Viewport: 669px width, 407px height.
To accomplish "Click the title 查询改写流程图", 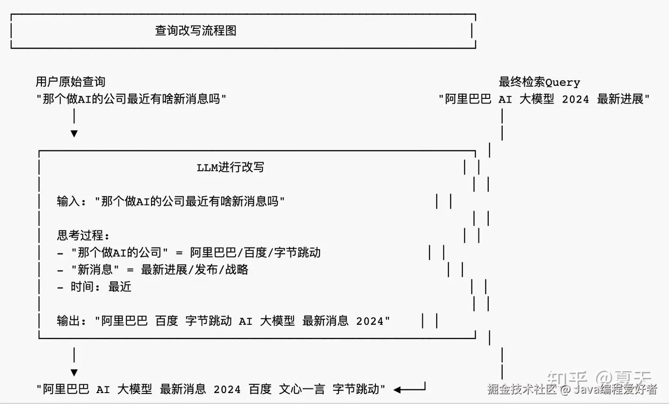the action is pyautogui.click(x=196, y=31).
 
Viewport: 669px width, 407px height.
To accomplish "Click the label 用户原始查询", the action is pyautogui.click(x=71, y=82).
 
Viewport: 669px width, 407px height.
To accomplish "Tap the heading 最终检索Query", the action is pyautogui.click(x=539, y=82).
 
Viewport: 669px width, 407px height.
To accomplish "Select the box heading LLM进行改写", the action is pyautogui.click(x=230, y=168).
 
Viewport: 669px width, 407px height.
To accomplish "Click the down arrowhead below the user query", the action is pyautogui.click(x=74, y=134).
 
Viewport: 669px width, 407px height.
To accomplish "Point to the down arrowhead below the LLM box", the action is pyautogui.click(x=74, y=373).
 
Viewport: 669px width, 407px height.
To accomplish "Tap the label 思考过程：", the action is pyautogui.click(x=83, y=235).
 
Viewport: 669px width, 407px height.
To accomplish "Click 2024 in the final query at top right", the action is pyautogui.click(x=575, y=99).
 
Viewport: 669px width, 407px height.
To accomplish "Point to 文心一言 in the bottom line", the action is pyautogui.click(x=302, y=389).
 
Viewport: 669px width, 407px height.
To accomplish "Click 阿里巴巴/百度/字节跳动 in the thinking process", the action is pyautogui.click(x=256, y=252).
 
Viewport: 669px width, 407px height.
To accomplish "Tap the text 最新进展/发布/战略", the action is pyautogui.click(x=195, y=270).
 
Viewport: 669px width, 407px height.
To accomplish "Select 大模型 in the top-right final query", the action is pyautogui.click(x=537, y=99).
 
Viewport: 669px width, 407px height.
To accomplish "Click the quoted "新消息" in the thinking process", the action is pyautogui.click(x=95, y=270).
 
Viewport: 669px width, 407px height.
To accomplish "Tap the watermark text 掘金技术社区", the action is pyautogui.click(x=522, y=389).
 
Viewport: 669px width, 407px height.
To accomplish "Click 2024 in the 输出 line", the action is pyautogui.click(x=370, y=321).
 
